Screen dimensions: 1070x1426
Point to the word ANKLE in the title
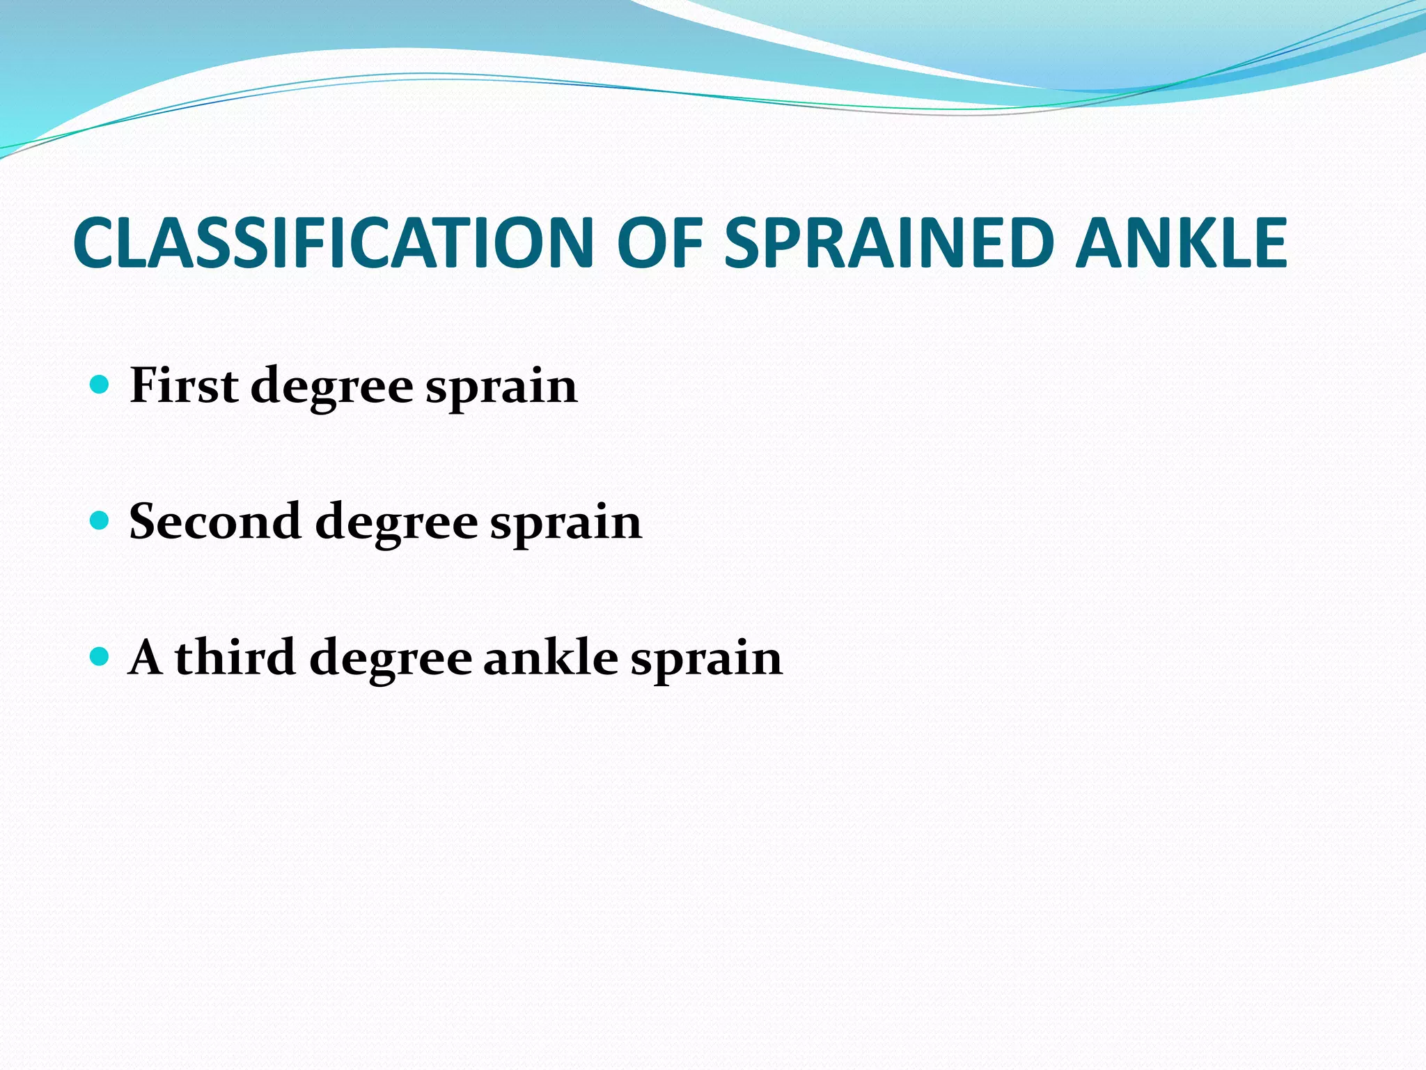coord(1181,242)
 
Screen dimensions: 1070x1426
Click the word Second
coord(215,521)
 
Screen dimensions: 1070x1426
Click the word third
coord(235,657)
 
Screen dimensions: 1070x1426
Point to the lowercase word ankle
coord(550,657)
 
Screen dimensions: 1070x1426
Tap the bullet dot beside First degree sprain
coord(100,384)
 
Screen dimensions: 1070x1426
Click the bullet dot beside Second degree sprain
coord(100,520)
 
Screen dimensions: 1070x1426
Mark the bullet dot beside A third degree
coord(100,656)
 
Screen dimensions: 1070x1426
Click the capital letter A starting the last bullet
coord(146,657)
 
